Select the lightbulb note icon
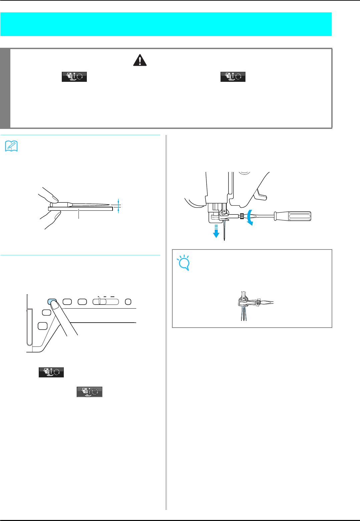tap(183, 263)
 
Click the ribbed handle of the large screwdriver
tap(292, 216)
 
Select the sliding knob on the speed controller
tap(100, 302)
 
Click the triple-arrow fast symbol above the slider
tap(113, 296)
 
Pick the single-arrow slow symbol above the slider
tap(99, 296)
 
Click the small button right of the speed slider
tap(128, 302)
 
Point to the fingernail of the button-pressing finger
tap(55, 304)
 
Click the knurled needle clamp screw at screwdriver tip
tap(241, 216)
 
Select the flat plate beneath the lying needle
tap(80, 209)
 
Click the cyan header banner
tap(166, 24)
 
